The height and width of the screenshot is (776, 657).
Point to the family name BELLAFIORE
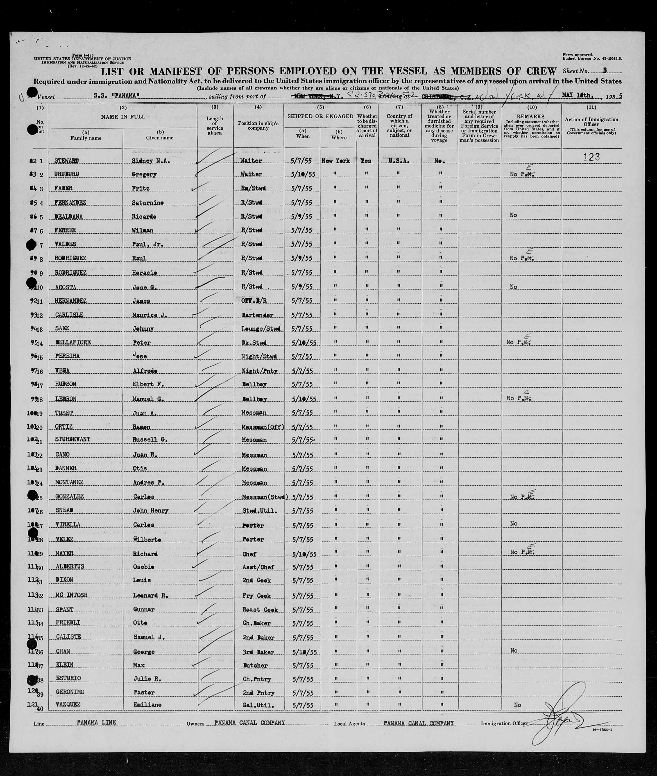click(x=73, y=342)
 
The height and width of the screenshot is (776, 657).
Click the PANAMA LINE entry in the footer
click(x=96, y=722)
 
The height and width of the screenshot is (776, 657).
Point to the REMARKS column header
click(x=531, y=117)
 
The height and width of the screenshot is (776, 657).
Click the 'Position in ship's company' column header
click(x=258, y=126)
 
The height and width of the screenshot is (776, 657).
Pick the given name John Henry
click(x=150, y=510)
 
